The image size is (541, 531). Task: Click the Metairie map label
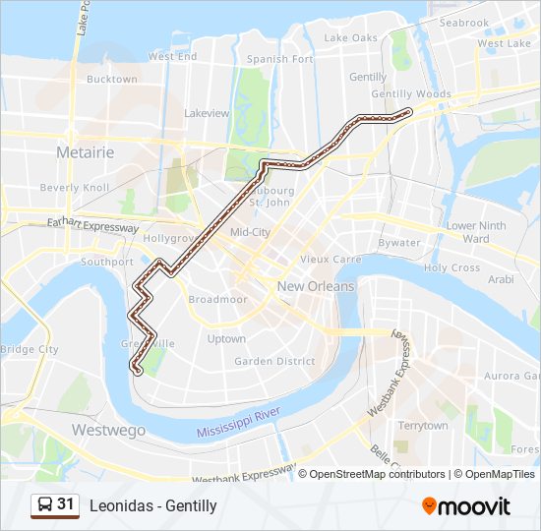coord(86,152)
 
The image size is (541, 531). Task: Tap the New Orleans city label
coord(315,286)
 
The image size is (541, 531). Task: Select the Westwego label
coord(108,430)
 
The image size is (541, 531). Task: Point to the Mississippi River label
coord(240,424)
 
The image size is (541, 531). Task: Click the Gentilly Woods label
coord(411,94)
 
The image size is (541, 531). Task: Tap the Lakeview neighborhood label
coord(207,113)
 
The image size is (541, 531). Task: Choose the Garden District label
coord(274,361)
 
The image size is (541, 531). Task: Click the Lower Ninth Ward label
coord(475,232)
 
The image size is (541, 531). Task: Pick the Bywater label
coord(399,242)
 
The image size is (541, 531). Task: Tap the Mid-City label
coord(250,232)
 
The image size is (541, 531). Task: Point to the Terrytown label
coord(422,426)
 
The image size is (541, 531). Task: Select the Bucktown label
coord(111,80)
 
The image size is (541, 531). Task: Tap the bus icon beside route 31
coord(44,505)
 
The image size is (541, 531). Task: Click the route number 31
coord(66,504)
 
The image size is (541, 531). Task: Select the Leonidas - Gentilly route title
coord(152,505)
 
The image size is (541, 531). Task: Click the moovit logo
coord(466,505)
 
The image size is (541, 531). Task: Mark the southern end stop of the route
coord(137,371)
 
